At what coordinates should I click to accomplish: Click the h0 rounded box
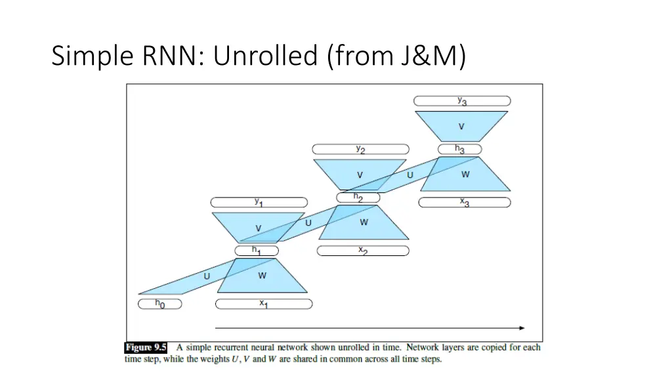point(159,304)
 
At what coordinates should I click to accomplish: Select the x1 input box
point(263,304)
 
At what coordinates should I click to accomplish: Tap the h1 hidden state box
point(257,251)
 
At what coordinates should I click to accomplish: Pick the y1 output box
point(259,203)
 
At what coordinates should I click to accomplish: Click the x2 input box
point(363,251)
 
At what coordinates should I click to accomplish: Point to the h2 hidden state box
point(358,197)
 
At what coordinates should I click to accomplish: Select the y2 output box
point(360,150)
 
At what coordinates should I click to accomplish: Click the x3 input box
point(465,203)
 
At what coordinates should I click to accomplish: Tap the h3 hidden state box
point(460,150)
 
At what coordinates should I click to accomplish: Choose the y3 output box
point(463,101)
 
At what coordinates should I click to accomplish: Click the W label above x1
point(262,276)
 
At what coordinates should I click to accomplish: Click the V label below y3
point(461,126)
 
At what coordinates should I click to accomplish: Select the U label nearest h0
point(207,276)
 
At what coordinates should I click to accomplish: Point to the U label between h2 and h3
point(410,175)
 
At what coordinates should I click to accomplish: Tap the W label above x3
point(465,175)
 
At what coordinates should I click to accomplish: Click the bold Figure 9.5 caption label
point(146,347)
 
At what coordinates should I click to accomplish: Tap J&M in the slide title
point(429,56)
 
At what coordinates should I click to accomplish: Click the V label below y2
point(360,175)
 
